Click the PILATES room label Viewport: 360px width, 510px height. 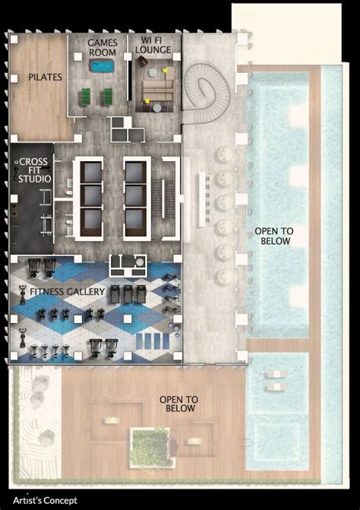pyautogui.click(x=45, y=77)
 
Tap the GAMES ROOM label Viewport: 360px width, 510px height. pyautogui.click(x=103, y=47)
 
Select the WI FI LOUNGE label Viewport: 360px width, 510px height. pyautogui.click(x=153, y=45)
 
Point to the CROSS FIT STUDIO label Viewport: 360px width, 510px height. pyautogui.click(x=35, y=170)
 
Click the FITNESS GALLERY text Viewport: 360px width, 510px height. pyautogui.click(x=68, y=292)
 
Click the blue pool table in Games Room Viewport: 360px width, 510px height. pyautogui.click(x=103, y=66)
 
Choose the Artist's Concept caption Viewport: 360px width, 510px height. pyautogui.click(x=45, y=500)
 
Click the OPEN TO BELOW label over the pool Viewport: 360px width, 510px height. pyautogui.click(x=274, y=236)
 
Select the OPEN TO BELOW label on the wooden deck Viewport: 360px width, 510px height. pyautogui.click(x=178, y=404)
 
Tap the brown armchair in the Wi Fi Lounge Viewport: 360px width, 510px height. pyautogui.click(x=142, y=62)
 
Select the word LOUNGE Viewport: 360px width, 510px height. pyautogui.click(x=153, y=50)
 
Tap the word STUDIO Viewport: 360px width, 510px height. pyautogui.click(x=35, y=179)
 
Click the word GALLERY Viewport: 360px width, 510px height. pyautogui.click(x=85, y=292)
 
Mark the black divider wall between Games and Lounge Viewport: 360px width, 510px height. pyautogui.click(x=129, y=80)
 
